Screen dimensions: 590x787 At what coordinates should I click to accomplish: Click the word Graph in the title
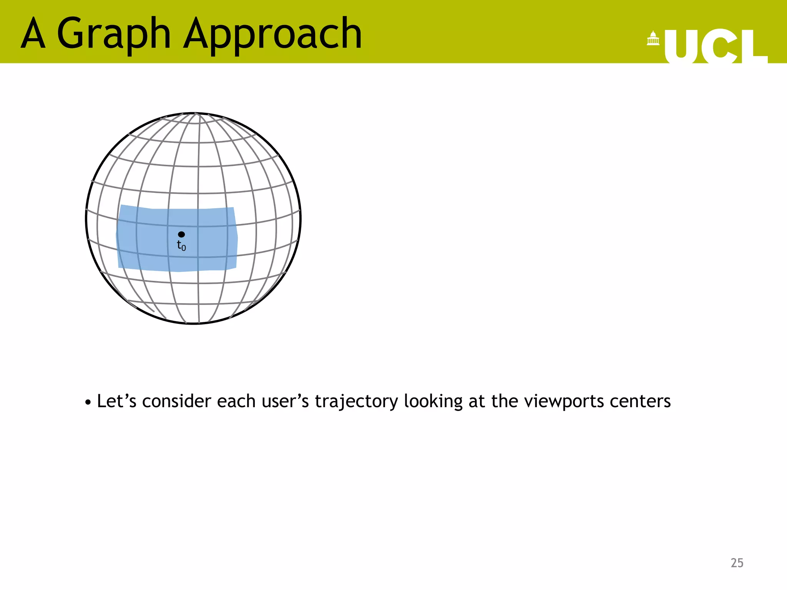click(x=113, y=35)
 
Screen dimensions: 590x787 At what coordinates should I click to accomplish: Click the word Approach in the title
click(x=272, y=35)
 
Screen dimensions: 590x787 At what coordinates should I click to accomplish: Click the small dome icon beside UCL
click(x=653, y=38)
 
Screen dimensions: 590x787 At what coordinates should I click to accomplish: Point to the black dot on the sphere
click(x=181, y=234)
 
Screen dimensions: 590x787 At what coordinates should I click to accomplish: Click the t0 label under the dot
click(x=181, y=245)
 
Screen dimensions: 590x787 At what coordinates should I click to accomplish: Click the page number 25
click(x=737, y=563)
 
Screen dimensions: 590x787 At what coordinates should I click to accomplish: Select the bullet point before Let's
click(x=88, y=403)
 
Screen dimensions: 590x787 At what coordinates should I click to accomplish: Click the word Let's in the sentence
click(x=116, y=401)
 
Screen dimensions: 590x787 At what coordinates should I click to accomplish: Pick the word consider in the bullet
click(x=177, y=401)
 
